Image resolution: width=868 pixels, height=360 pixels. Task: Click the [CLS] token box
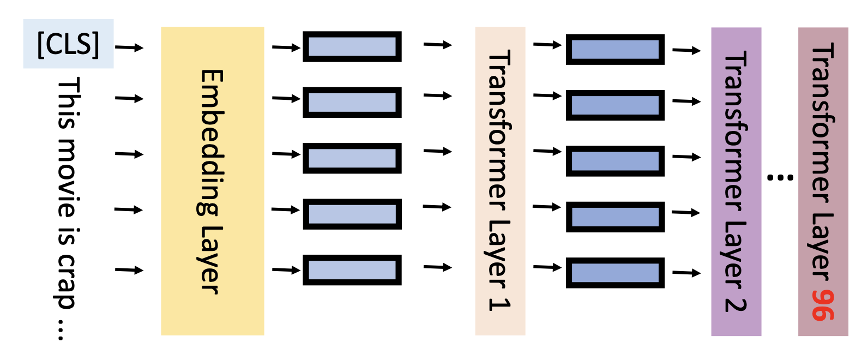coord(68,44)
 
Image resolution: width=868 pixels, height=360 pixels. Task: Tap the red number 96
coord(823,305)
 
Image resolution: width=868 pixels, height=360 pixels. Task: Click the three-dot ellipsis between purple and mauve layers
coord(780,177)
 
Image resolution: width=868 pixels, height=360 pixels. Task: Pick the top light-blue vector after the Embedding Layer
coord(352,47)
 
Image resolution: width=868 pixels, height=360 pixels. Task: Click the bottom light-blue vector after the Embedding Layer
coord(352,270)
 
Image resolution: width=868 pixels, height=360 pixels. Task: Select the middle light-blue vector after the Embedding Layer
coord(352,158)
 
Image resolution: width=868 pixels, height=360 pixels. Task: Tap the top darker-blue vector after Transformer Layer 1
coord(615,50)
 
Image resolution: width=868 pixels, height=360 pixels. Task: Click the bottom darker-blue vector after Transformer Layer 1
coord(615,273)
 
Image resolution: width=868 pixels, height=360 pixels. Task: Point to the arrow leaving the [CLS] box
coord(129,47)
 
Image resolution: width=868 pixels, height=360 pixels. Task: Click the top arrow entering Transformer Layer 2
coord(686,51)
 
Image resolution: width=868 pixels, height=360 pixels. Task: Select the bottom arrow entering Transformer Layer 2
coord(686,273)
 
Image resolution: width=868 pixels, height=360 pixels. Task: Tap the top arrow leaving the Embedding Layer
coord(286,47)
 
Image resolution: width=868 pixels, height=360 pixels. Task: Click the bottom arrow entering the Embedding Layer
coord(129,269)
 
